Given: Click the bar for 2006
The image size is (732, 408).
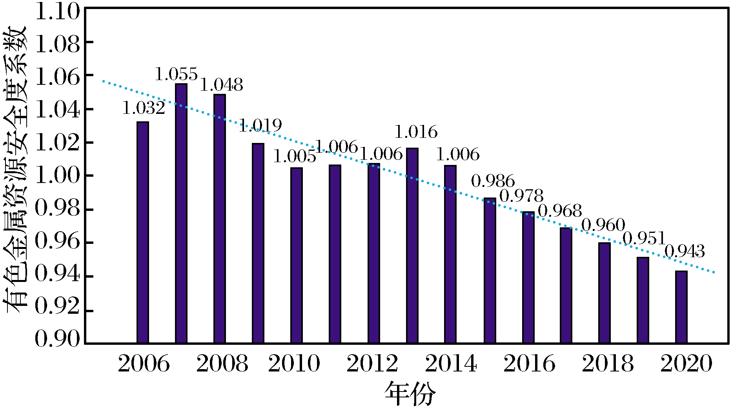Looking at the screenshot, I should [143, 232].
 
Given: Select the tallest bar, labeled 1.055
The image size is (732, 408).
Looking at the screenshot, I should [181, 214].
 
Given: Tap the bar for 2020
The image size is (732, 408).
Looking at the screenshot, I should [681, 307].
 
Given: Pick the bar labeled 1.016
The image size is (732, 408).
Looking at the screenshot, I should [412, 245].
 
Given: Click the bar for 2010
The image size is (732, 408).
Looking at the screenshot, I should [297, 255].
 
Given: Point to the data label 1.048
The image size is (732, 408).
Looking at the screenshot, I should [222, 85].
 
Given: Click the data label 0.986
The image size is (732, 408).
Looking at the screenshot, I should [493, 181].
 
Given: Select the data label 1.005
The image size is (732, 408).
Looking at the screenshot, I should [294, 157].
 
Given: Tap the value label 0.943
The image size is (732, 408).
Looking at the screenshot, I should [685, 251].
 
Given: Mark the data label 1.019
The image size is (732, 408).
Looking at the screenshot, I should [260, 126].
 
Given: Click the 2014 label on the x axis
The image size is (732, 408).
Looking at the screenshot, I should [451, 364].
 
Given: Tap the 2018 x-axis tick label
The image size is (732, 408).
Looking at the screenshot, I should [607, 364].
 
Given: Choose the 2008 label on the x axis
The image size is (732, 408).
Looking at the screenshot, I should [222, 364].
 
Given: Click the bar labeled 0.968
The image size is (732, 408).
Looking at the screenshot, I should [566, 285].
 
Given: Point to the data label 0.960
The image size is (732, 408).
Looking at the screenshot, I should [603, 225].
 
